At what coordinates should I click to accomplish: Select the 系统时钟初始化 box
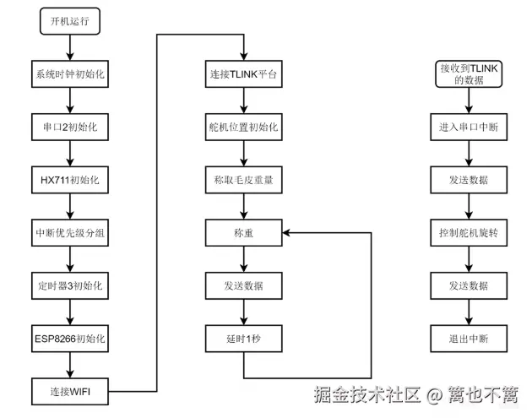tap(70, 73)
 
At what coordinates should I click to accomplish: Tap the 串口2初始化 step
tap(70, 127)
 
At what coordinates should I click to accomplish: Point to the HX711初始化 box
tap(70, 180)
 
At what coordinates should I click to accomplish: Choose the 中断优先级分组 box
tap(70, 232)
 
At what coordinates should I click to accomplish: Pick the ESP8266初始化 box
tap(70, 339)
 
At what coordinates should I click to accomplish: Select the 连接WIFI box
tap(70, 391)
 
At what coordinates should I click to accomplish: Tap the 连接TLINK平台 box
tap(243, 73)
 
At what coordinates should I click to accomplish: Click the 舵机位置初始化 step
tap(243, 127)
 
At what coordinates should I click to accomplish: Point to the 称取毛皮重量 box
tap(243, 180)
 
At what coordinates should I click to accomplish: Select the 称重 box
tap(243, 232)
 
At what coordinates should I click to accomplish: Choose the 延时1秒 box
tap(243, 339)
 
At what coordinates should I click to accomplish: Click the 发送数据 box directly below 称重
tap(243, 285)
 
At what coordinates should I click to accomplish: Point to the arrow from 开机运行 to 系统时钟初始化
tap(70, 47)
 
